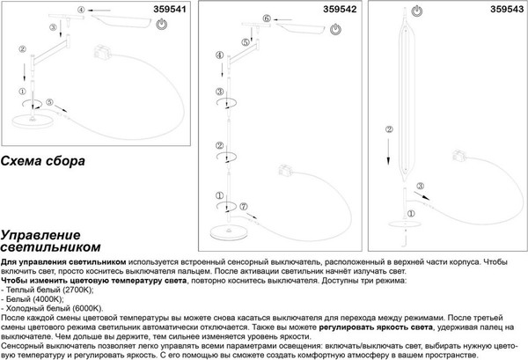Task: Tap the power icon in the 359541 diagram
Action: coord(160,28)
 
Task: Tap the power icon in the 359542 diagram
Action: coord(337,28)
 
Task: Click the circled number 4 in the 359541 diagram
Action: coord(82,11)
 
